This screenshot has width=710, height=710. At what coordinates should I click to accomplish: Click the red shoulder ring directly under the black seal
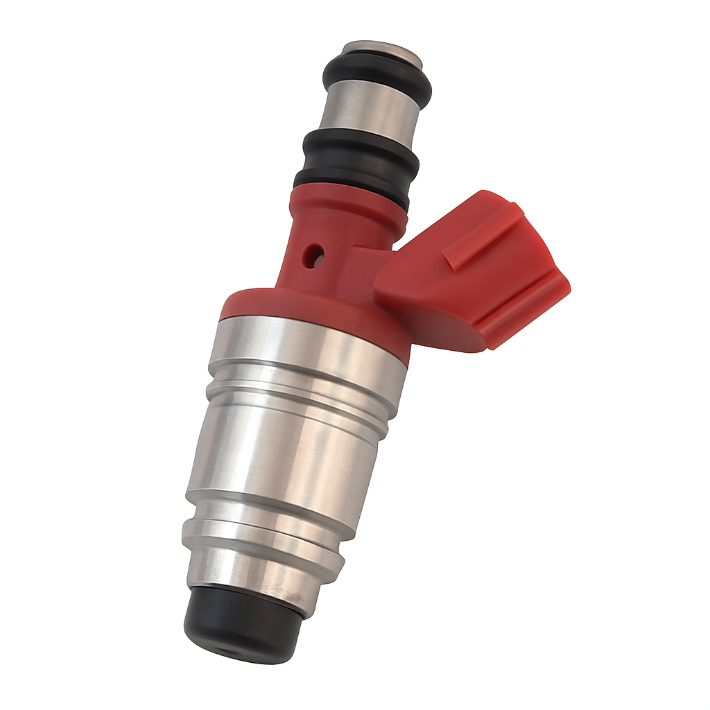(347, 208)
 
